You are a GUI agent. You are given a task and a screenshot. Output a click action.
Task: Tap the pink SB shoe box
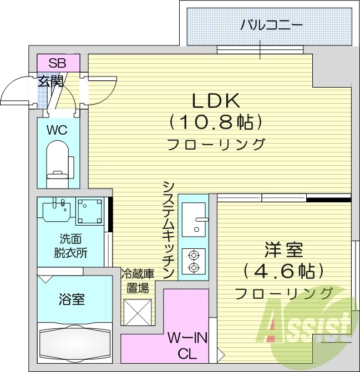pos(58,63)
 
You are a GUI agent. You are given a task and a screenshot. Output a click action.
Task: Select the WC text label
pos(57,131)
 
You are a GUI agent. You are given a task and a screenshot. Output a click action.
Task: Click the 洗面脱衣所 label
pos(71,247)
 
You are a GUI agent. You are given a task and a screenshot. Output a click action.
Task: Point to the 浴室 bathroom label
pos(72,300)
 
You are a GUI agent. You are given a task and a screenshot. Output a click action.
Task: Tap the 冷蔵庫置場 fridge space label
pos(136,280)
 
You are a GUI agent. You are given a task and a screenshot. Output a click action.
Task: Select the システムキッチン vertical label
pos(169,229)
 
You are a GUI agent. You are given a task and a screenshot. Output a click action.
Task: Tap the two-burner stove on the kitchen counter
pos(194,262)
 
